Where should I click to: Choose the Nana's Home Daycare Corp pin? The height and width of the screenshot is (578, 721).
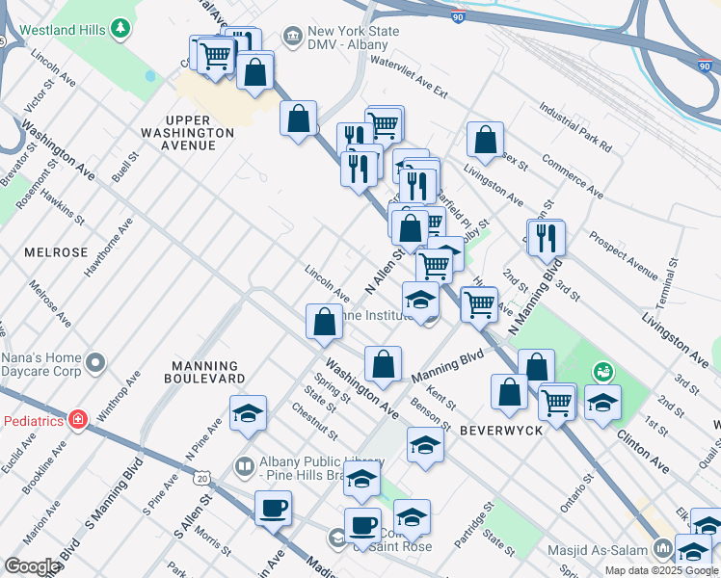click(94, 363)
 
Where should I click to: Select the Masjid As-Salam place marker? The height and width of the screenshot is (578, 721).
click(662, 548)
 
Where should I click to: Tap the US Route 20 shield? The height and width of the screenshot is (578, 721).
click(200, 477)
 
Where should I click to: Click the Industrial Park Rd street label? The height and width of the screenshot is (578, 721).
click(575, 130)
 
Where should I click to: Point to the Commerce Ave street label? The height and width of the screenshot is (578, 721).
click(572, 179)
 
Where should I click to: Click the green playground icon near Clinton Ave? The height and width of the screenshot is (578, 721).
click(603, 369)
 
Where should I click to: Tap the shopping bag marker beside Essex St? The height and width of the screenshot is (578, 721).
click(485, 139)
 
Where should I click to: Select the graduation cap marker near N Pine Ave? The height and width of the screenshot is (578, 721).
click(248, 413)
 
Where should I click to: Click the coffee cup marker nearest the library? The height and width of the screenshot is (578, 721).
click(273, 508)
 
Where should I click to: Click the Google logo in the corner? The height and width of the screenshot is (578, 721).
click(33, 565)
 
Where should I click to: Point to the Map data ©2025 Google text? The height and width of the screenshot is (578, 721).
click(661, 569)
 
